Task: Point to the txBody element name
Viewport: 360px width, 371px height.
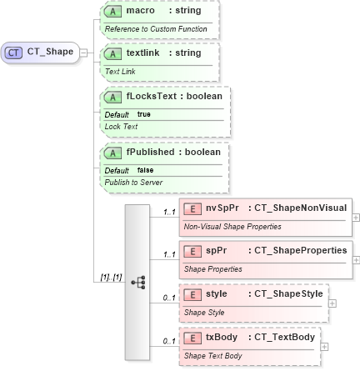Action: pos(217,337)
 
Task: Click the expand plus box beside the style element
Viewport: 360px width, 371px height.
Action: pos(332,304)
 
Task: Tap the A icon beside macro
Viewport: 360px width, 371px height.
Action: pos(112,10)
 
